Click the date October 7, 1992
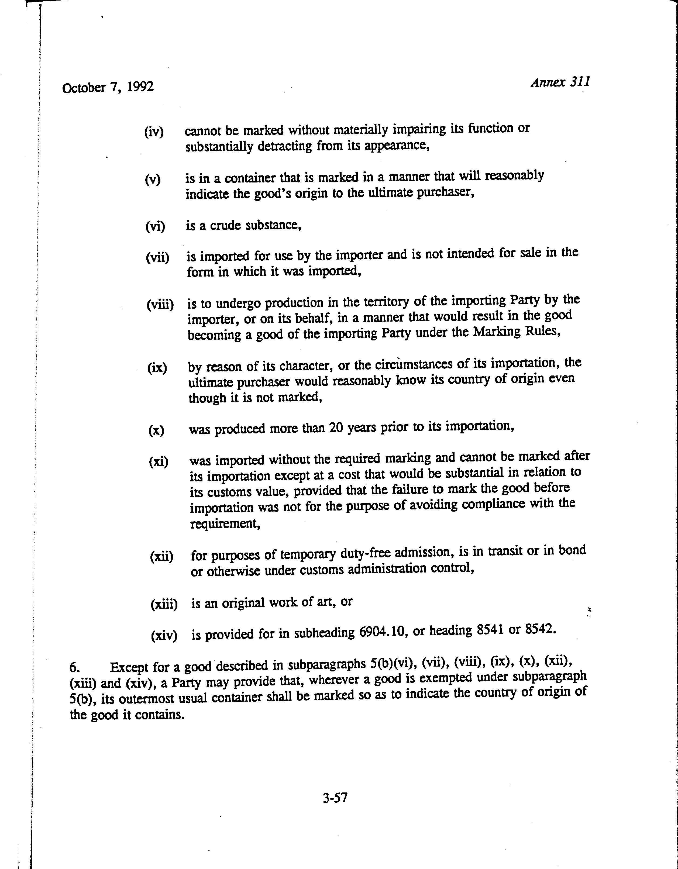coord(108,87)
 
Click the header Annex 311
coord(560,82)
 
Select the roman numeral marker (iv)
coord(154,132)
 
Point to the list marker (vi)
coord(155,226)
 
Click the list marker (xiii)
coord(164,605)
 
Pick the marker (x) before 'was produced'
coord(156,430)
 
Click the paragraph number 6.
coord(75,667)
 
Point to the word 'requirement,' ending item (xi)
coord(225,524)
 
